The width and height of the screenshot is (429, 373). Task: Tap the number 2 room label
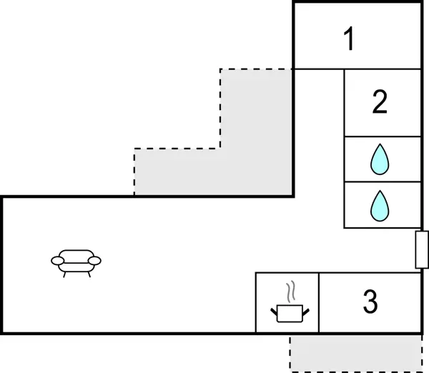(380, 102)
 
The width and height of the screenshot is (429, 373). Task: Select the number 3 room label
(370, 302)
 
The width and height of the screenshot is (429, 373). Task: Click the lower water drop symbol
(380, 205)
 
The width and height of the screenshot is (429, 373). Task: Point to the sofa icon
(76, 262)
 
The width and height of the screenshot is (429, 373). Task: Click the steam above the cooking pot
(290, 292)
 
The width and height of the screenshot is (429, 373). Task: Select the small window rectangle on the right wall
(421, 249)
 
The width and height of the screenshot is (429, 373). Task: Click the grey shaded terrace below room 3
(355, 353)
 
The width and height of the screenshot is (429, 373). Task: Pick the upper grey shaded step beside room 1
(256, 107)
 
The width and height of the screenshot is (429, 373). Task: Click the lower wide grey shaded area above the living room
(213, 171)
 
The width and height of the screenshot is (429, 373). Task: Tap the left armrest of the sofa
(56, 261)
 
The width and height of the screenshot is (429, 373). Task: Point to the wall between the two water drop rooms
(382, 181)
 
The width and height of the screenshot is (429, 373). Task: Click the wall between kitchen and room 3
(319, 302)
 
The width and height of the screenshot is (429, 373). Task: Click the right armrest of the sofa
(96, 261)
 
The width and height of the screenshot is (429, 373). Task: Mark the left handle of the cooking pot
(273, 311)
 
